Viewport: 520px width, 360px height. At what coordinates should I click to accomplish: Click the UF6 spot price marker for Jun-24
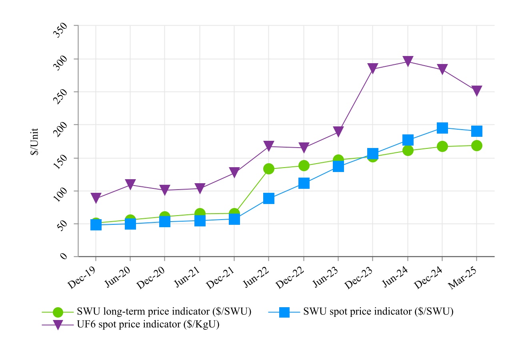(x=408, y=61)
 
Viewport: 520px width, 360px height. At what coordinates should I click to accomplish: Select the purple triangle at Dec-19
(x=96, y=198)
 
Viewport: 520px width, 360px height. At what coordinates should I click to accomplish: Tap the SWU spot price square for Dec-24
(x=442, y=128)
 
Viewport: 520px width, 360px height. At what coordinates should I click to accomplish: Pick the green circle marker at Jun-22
(x=269, y=169)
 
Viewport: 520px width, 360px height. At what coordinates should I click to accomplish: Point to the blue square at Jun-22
(x=269, y=198)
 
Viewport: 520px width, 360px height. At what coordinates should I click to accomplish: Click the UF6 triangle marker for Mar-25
(x=476, y=91)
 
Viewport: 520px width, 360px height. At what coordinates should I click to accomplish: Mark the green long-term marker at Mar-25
(x=476, y=146)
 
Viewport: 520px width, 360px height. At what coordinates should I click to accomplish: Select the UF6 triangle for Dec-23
(x=373, y=68)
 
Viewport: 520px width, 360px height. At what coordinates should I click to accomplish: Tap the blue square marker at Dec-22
(x=304, y=183)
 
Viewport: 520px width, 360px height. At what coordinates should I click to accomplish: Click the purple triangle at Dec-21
(x=234, y=172)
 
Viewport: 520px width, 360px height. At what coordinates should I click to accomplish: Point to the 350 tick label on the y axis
(x=62, y=30)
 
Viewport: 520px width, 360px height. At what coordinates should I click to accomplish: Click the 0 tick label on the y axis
(x=64, y=256)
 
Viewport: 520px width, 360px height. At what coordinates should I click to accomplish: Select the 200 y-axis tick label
(x=62, y=129)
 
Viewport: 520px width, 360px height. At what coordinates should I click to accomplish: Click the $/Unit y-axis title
(x=35, y=142)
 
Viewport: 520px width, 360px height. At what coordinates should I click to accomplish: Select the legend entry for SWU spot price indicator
(x=378, y=312)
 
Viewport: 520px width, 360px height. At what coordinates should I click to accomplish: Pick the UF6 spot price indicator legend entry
(x=148, y=324)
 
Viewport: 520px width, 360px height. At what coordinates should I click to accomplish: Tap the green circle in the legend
(x=58, y=312)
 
